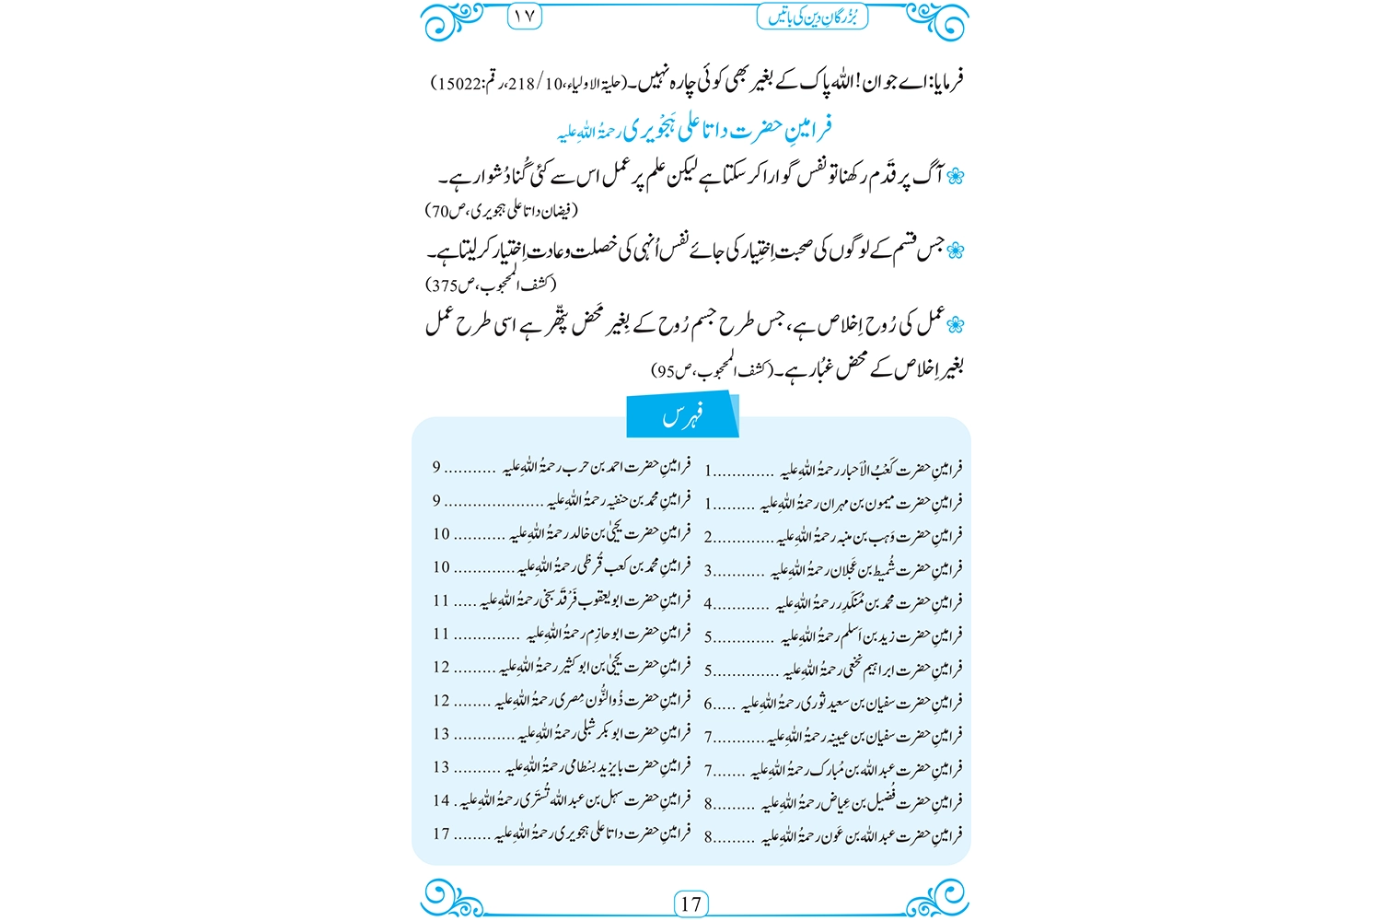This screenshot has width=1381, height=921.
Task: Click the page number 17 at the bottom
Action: [690, 904]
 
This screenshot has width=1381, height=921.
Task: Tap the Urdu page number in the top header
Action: [525, 17]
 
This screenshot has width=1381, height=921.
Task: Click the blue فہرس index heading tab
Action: [682, 416]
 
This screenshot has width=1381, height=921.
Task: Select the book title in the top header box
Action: [813, 17]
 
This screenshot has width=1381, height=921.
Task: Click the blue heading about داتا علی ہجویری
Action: [695, 129]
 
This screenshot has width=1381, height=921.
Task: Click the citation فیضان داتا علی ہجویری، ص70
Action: [502, 211]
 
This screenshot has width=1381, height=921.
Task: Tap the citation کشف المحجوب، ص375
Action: [492, 285]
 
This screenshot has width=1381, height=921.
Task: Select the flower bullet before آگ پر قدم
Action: [955, 176]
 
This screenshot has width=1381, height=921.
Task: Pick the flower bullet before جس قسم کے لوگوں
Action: [955, 250]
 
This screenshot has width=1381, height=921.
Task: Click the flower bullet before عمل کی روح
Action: [955, 324]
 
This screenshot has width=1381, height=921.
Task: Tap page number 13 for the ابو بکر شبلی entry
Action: [442, 734]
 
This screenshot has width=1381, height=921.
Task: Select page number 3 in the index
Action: [709, 571]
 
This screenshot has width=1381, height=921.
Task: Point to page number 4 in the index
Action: [709, 604]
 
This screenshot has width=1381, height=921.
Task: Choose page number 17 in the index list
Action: [442, 834]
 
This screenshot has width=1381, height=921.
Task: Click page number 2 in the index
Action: [709, 537]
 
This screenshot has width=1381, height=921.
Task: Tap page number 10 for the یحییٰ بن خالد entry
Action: [442, 534]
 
